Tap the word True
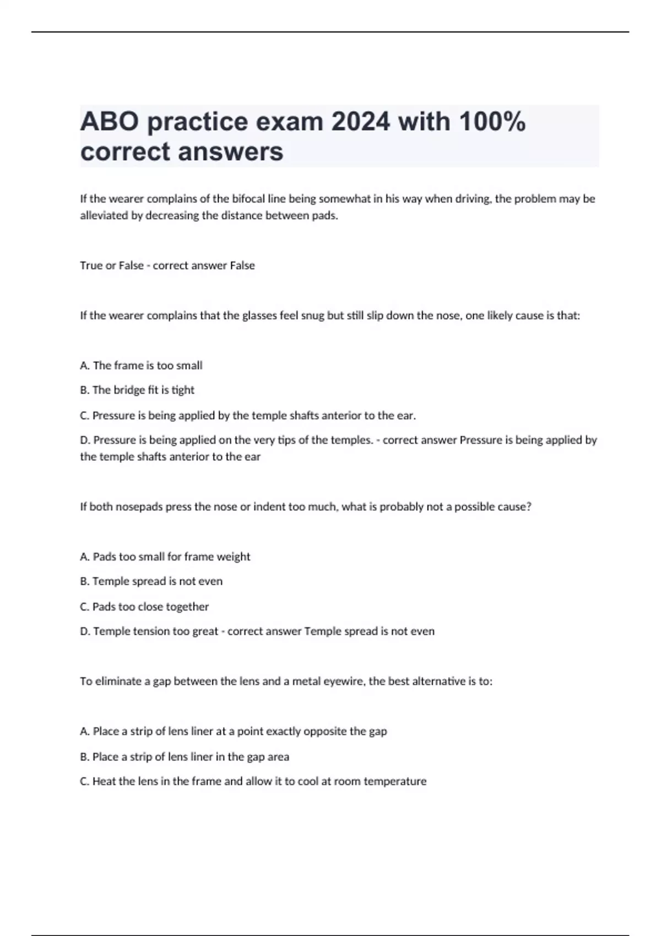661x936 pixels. click(x=90, y=265)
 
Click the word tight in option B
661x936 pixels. click(x=183, y=390)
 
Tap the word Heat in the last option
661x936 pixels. click(x=104, y=781)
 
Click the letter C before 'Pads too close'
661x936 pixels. click(x=84, y=607)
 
